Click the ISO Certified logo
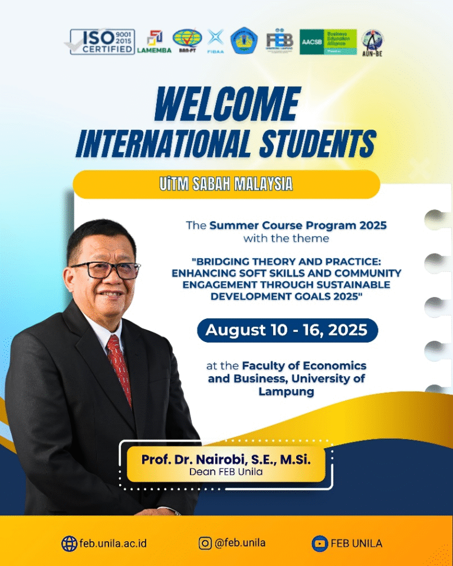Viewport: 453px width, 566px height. click(102, 42)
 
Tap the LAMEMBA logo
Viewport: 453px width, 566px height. click(154, 41)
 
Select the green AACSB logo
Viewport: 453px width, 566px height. click(328, 42)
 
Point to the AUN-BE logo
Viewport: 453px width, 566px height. click(372, 42)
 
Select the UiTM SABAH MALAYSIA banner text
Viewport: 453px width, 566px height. click(226, 184)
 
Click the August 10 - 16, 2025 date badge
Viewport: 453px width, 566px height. click(287, 330)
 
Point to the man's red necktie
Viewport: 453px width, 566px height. click(119, 368)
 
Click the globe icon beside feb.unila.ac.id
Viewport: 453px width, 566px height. click(69, 543)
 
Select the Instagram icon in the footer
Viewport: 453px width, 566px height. click(205, 543)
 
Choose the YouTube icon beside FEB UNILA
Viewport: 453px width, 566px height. click(319, 543)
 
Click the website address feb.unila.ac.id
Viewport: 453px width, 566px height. click(114, 543)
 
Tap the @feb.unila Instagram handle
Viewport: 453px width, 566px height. click(240, 543)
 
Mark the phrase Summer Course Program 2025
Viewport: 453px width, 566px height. click(298, 225)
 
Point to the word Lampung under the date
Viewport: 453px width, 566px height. click(286, 391)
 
